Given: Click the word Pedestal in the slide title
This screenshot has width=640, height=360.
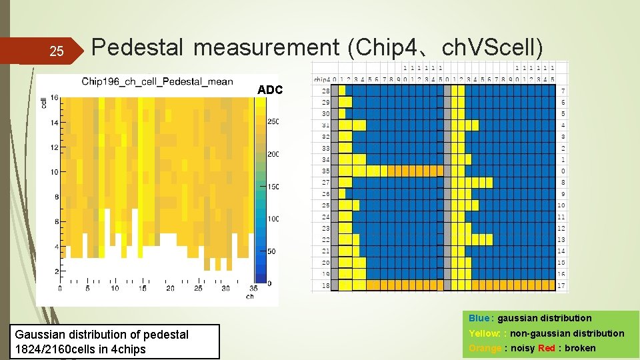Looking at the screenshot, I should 137,47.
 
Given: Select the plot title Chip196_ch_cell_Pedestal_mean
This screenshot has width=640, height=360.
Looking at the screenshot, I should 157,81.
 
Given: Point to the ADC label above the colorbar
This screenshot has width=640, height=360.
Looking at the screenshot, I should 270,90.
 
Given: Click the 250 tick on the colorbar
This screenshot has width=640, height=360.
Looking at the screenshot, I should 273,121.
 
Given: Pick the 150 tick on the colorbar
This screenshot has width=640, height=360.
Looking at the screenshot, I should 273,187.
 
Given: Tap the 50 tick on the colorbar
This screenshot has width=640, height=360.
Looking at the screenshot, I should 271,251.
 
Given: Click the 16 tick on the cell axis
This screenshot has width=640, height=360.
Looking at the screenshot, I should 53,98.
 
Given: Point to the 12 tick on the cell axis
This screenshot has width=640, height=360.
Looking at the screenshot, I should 53,147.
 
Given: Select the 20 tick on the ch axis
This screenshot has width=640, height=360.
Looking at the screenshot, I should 170,288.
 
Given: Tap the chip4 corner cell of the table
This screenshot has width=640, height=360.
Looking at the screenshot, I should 322,79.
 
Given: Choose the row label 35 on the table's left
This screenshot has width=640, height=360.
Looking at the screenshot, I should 326,171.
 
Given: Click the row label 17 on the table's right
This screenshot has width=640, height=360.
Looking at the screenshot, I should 562,286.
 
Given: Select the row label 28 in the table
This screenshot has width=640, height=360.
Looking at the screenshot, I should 326,91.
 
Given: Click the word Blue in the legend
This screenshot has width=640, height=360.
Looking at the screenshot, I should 478,318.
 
